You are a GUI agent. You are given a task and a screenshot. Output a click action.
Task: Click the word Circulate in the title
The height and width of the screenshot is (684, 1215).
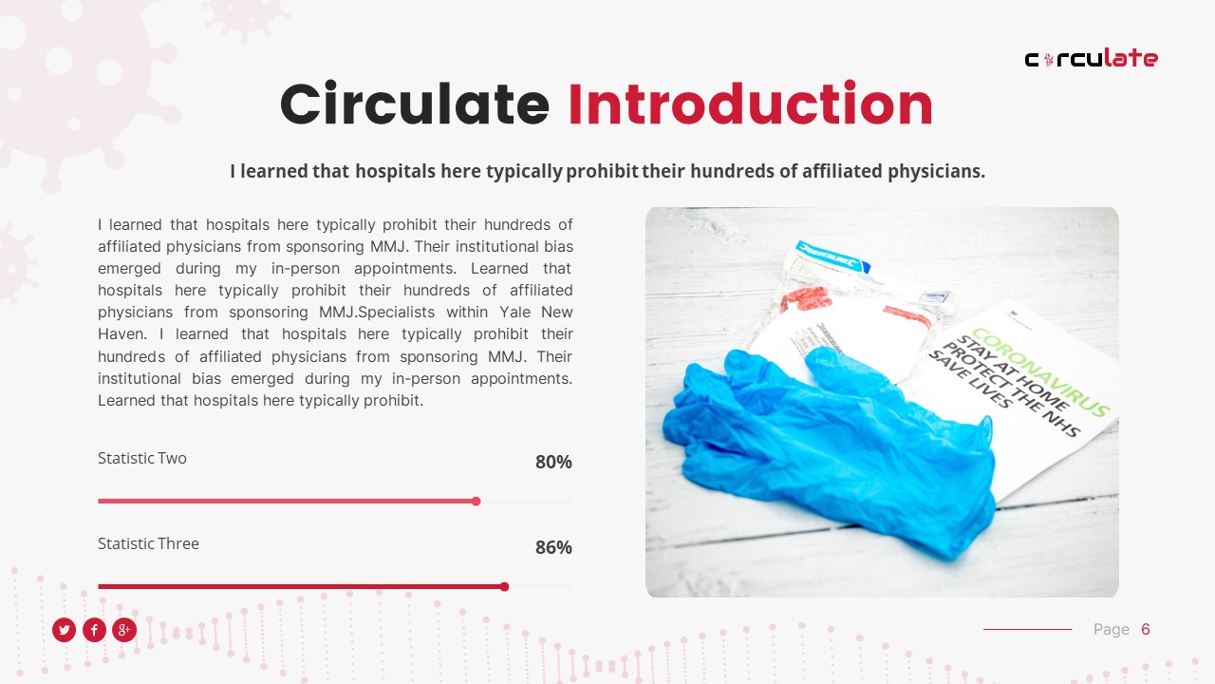(415, 104)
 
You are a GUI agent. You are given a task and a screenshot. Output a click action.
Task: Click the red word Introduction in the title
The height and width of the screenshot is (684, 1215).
(750, 104)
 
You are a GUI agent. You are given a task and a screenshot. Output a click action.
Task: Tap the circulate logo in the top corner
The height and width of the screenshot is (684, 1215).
(1091, 59)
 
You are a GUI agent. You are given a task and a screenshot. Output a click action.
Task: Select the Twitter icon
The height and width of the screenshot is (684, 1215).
(64, 630)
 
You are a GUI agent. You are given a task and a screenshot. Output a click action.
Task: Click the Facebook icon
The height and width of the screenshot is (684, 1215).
(94, 630)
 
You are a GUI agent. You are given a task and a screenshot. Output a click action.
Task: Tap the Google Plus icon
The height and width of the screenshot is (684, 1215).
(124, 630)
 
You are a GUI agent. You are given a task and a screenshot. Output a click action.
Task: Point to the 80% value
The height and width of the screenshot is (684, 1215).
(553, 463)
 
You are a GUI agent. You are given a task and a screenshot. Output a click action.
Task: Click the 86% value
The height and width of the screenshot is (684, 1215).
(553, 548)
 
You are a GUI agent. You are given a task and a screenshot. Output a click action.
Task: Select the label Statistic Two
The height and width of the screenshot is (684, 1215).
(142, 458)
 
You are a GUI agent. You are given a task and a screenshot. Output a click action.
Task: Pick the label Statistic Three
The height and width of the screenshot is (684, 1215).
(148, 543)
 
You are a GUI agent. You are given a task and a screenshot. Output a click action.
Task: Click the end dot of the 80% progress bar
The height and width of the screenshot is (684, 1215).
(477, 501)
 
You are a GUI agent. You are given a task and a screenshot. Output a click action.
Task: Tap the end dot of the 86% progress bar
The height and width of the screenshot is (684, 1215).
(504, 586)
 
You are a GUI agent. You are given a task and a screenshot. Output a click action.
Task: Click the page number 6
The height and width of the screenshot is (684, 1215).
(1146, 629)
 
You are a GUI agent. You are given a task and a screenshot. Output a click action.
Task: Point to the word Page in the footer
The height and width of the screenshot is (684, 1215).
(1111, 629)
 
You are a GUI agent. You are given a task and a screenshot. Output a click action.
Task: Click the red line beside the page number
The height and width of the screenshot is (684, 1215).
(1027, 629)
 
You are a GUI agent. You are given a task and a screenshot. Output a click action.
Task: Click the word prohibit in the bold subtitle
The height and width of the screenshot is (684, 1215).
(602, 172)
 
